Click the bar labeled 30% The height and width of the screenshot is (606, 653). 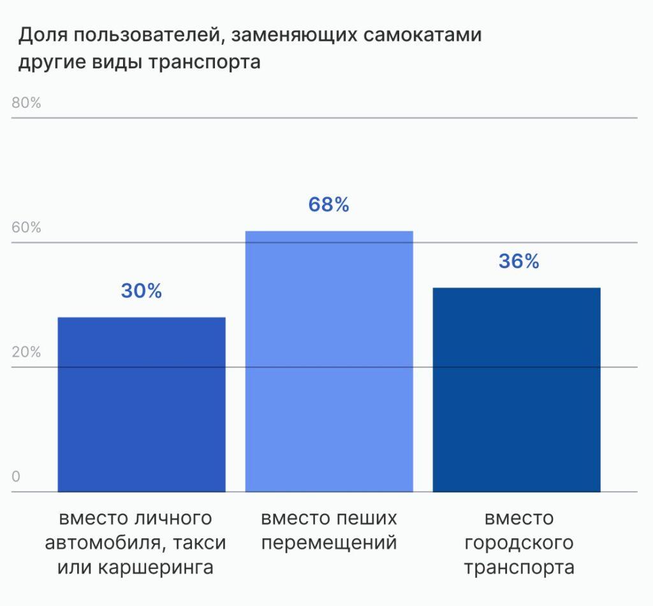point(142,404)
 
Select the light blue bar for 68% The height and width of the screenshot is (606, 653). point(329,361)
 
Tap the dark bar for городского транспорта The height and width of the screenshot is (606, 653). point(517,389)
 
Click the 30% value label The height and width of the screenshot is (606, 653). point(142,291)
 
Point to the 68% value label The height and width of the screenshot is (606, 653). point(329,205)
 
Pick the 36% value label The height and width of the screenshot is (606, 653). point(519,261)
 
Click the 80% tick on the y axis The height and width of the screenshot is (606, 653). point(26,103)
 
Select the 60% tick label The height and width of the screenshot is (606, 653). point(26,228)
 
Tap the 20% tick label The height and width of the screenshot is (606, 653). point(26,352)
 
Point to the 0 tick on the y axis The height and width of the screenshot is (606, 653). point(17,477)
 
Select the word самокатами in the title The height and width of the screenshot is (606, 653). point(422,35)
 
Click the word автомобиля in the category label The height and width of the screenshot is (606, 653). point(99,543)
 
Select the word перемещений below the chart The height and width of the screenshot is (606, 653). point(329,543)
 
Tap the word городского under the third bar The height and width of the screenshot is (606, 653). point(518,543)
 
